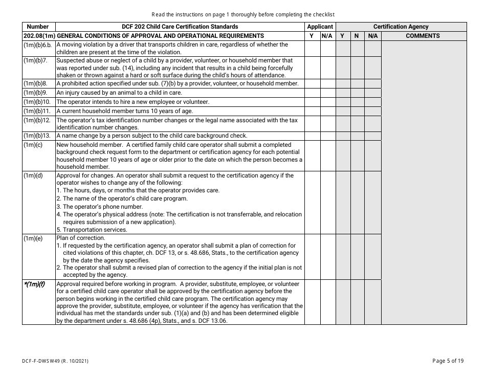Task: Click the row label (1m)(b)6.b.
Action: pyautogui.click(x=38, y=45)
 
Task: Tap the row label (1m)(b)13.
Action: pyautogui.click(x=37, y=136)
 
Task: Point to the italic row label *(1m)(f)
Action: pyautogui.click(x=34, y=284)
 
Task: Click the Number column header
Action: pyautogui.click(x=38, y=27)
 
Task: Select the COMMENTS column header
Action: pyautogui.click(x=423, y=36)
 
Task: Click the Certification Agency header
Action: pyautogui.click(x=401, y=27)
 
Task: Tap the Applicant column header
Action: pyautogui.click(x=320, y=27)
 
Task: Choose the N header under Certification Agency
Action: pyautogui.click(x=357, y=36)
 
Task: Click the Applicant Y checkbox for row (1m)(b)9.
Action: pyautogui.click(x=312, y=93)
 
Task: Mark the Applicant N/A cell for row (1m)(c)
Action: pyautogui.click(x=327, y=156)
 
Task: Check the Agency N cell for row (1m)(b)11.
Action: pyautogui.click(x=357, y=111)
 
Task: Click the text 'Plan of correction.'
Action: pyautogui.click(x=81, y=238)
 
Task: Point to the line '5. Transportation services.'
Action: pyautogui.click(x=92, y=230)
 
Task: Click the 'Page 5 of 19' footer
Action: pyautogui.click(x=448, y=361)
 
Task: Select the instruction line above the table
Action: pyautogui.click(x=243, y=14)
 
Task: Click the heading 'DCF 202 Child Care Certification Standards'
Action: pyautogui.click(x=180, y=27)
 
